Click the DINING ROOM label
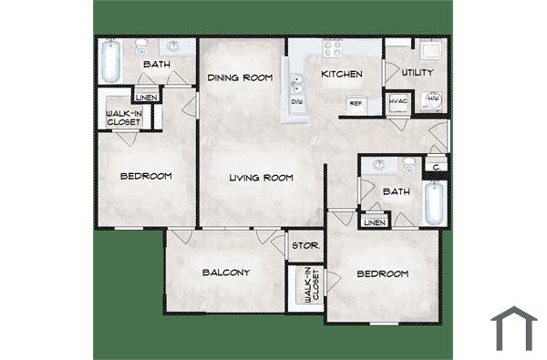point(240,78)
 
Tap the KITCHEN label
point(342,74)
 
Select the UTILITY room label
point(418,73)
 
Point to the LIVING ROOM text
point(261,178)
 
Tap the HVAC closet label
point(397,102)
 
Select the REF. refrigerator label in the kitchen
point(357,104)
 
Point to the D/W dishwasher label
point(297,102)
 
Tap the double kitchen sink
point(296,83)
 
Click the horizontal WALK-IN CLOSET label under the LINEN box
point(123,118)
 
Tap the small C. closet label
point(438,167)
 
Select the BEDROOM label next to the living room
point(146,176)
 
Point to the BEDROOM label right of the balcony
point(382,273)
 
